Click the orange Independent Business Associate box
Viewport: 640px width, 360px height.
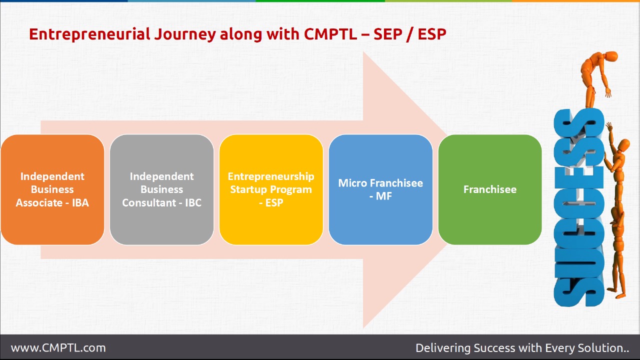pos(52,189)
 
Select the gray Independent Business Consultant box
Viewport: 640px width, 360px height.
pos(161,189)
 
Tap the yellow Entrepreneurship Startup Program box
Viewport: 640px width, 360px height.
pos(271,189)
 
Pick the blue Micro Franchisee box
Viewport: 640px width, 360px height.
pos(380,189)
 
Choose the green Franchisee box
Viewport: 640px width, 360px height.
pos(490,189)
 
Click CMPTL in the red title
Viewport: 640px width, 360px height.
pos(330,34)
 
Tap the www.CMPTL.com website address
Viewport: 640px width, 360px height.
pos(58,347)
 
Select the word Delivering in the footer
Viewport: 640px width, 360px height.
pos(443,347)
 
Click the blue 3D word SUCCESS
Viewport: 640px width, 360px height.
pos(575,210)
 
